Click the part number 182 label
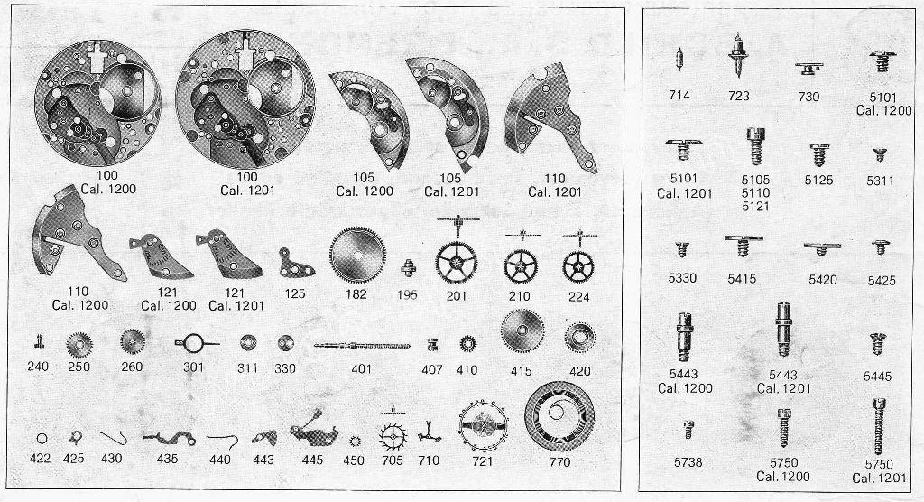pyautogui.click(x=356, y=294)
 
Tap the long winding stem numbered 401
pyautogui.click(x=362, y=345)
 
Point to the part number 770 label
pyautogui.click(x=559, y=462)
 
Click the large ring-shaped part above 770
pyautogui.click(x=559, y=416)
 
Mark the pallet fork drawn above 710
pyautogui.click(x=430, y=435)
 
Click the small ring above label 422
pyautogui.click(x=42, y=439)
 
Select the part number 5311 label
pyautogui.click(x=880, y=181)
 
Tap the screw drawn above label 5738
pyautogui.click(x=688, y=429)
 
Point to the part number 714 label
pyautogui.click(x=679, y=95)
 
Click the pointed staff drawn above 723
pyautogui.click(x=738, y=54)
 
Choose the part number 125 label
pyautogui.click(x=295, y=293)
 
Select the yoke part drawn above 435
pyautogui.click(x=169, y=438)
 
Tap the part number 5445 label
pyautogui.click(x=877, y=376)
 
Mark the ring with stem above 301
pyautogui.click(x=195, y=343)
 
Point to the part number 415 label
pyautogui.click(x=521, y=371)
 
